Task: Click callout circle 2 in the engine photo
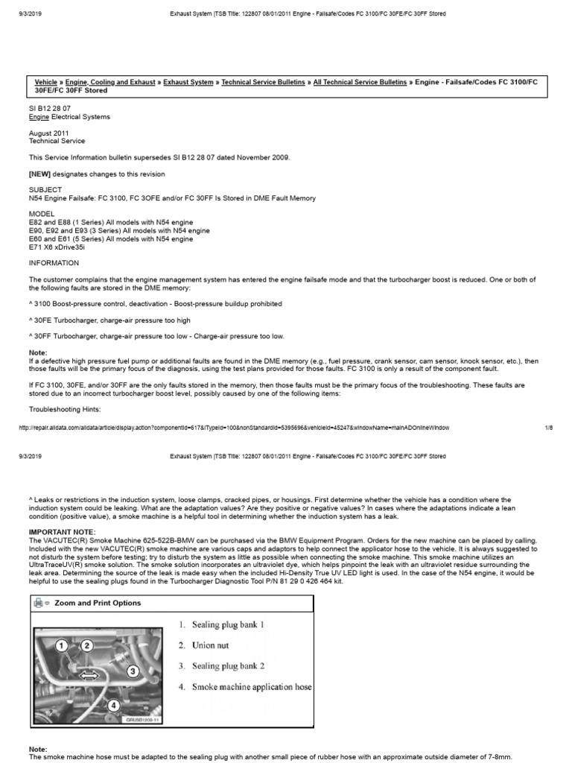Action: (x=87, y=645)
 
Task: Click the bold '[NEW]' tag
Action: (x=39, y=174)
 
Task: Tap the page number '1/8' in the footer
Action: (x=548, y=427)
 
